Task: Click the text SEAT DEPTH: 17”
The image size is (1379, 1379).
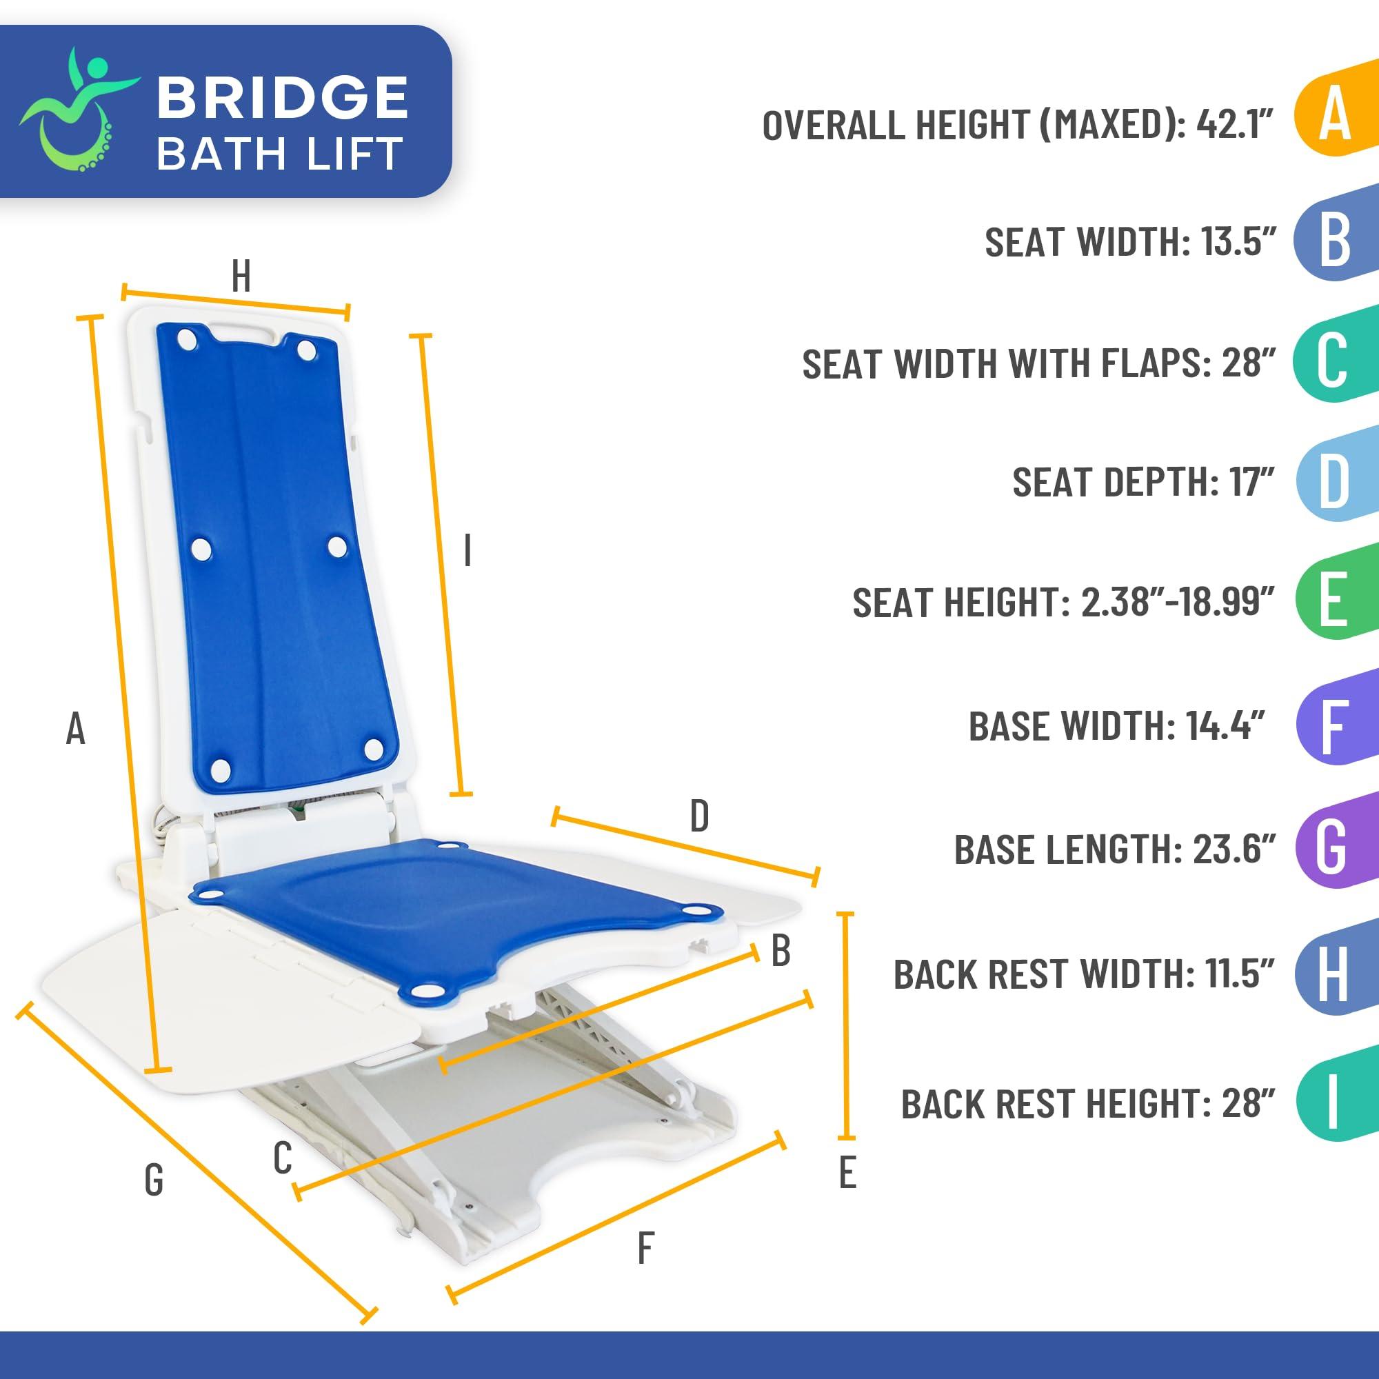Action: (x=1143, y=482)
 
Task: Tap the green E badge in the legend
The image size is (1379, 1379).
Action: (x=1332, y=601)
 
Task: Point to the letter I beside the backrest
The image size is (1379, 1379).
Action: (x=467, y=551)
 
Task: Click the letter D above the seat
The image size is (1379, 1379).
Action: (x=698, y=816)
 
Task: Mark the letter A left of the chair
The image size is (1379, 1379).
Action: (x=75, y=729)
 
